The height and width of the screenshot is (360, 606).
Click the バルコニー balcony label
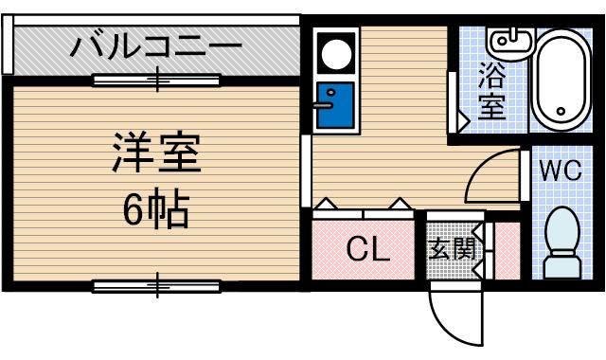click(157, 45)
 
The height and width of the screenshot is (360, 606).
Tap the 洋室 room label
click(156, 152)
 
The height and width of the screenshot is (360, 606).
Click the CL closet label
click(367, 250)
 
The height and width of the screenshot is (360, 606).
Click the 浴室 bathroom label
click(492, 89)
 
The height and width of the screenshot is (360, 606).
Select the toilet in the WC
click(563, 242)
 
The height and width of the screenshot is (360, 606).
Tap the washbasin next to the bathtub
click(508, 42)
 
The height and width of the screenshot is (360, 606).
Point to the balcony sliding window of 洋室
click(157, 80)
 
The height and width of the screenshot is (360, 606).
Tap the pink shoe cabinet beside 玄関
click(507, 250)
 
